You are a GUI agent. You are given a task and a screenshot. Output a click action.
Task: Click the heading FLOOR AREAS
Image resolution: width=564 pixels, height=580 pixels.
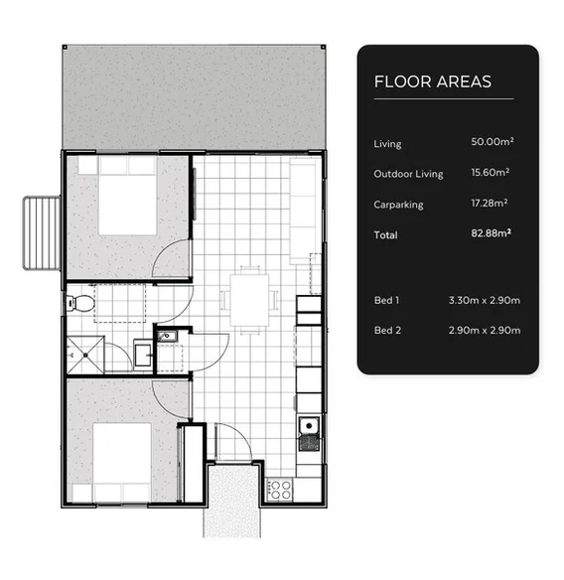click(432, 81)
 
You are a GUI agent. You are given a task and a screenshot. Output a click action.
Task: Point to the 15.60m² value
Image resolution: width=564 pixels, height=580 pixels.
click(492, 173)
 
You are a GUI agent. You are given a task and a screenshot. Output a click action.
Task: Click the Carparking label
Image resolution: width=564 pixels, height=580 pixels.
click(398, 205)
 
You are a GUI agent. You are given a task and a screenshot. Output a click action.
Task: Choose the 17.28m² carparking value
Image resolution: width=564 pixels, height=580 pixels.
click(492, 204)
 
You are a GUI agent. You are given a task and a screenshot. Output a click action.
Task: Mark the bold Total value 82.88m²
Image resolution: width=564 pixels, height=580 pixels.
click(491, 234)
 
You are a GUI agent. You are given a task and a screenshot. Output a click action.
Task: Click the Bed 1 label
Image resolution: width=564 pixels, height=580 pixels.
click(386, 299)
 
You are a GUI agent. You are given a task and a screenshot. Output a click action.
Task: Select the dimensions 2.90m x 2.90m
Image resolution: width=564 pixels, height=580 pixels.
click(485, 330)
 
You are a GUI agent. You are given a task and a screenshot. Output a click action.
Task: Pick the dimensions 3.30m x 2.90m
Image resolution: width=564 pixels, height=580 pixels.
click(485, 299)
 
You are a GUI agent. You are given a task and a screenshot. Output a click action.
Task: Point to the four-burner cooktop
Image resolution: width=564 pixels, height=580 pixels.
click(280, 489)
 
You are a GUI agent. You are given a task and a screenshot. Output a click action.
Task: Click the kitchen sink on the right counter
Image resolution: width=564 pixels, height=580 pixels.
click(309, 428)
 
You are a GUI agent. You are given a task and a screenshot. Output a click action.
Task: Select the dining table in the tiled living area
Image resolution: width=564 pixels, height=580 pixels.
click(248, 297)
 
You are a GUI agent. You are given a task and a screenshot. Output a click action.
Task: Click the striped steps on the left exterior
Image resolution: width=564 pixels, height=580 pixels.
click(40, 231)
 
